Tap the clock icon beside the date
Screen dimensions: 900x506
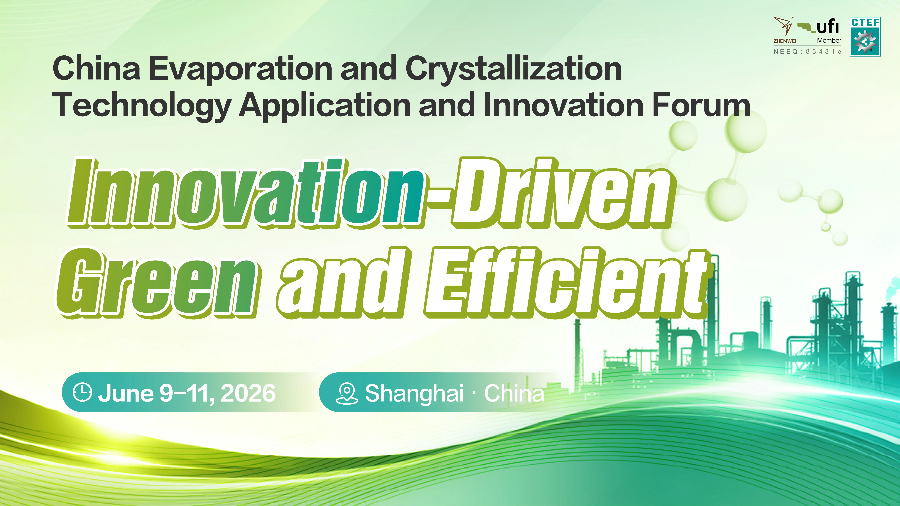(x=82, y=393)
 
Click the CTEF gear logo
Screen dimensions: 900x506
(x=865, y=37)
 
